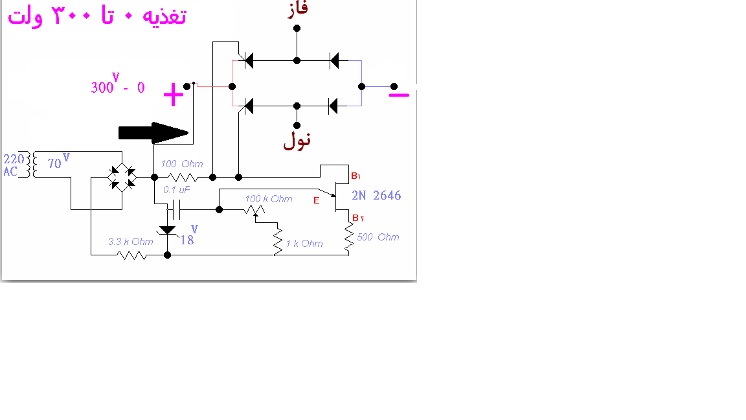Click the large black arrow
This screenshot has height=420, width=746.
click(153, 133)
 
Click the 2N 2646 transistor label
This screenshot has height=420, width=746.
click(376, 195)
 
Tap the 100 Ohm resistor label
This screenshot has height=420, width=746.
click(182, 164)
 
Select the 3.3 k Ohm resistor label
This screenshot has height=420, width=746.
click(131, 241)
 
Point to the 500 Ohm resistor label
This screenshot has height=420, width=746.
click(378, 237)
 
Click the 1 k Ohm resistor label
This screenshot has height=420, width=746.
click(304, 243)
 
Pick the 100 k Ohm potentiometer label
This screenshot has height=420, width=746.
click(269, 198)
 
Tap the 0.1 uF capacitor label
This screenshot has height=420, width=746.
click(177, 189)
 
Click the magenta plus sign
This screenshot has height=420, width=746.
click(174, 94)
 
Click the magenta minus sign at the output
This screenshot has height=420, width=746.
click(399, 95)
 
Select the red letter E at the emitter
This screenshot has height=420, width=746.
click(317, 200)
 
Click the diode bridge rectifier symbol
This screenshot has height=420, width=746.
click(122, 178)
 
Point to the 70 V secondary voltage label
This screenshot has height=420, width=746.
click(58, 161)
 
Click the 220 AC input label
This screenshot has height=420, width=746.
click(14, 165)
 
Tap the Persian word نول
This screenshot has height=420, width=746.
click(297, 141)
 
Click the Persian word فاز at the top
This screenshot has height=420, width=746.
click(298, 10)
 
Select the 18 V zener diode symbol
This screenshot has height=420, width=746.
click(168, 231)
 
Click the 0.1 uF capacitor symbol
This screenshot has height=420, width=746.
click(174, 209)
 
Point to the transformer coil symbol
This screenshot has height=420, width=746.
click(31, 165)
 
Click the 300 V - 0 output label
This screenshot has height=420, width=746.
click(117, 84)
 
